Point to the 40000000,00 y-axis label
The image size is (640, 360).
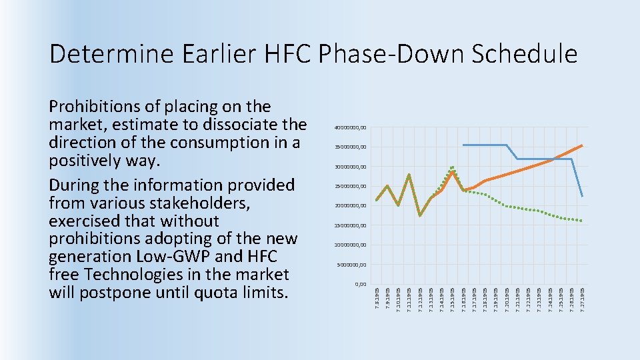click(x=349, y=127)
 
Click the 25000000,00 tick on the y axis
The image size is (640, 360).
click(x=349, y=186)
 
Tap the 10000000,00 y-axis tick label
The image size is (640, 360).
click(x=349, y=245)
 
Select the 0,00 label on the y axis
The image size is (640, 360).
click(x=360, y=284)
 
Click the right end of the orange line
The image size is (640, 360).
click(x=582, y=145)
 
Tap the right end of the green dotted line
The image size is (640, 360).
click(x=582, y=221)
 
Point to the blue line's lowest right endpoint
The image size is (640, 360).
click(x=582, y=196)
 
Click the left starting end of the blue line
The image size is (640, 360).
click(x=463, y=145)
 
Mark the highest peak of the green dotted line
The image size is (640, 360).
click(x=452, y=167)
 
